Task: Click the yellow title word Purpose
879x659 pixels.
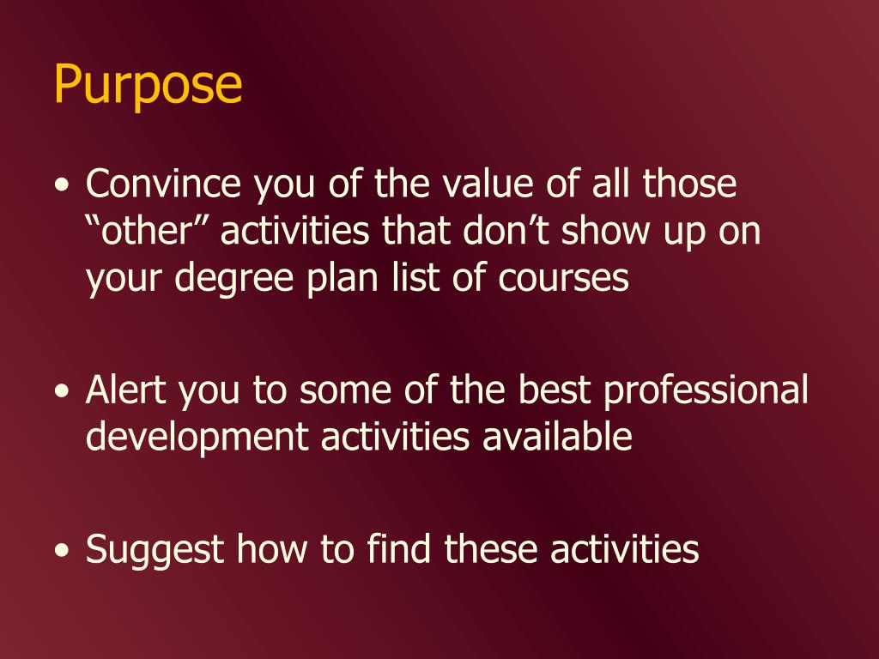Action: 148,85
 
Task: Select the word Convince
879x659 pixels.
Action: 163,184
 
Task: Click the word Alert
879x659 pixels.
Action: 125,390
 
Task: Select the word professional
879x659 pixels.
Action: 706,390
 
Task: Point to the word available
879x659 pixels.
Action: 557,437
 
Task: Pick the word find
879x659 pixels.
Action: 400,547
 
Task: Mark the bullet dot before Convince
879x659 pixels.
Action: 63,185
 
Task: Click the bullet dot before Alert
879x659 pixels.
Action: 63,391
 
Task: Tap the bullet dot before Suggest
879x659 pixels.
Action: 63,549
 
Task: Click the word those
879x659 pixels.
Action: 689,184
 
